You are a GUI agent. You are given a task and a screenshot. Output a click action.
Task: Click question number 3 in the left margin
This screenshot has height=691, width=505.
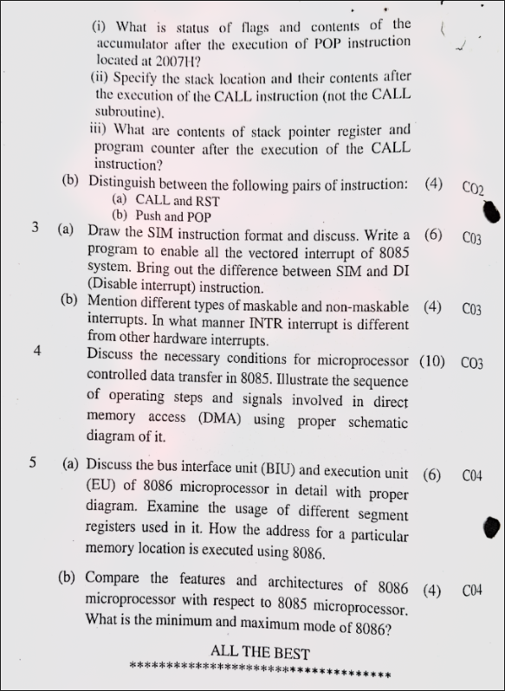coord(35,229)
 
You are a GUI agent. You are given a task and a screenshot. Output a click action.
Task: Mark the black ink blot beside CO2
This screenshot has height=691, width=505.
coord(490,210)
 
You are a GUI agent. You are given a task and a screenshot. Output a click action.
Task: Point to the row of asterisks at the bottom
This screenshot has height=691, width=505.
coord(260,671)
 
